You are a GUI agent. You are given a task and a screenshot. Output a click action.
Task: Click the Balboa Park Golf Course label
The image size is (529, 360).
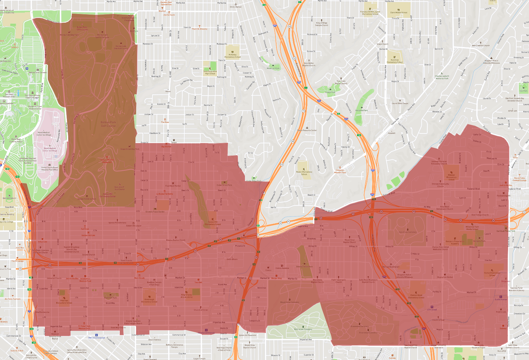point(108,124)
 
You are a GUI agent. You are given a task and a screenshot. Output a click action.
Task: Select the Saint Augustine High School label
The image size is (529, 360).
point(210,72)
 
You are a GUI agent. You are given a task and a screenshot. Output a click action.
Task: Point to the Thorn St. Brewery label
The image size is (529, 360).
point(199,29)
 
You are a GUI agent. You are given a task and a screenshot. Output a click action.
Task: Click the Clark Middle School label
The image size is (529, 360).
point(399,12)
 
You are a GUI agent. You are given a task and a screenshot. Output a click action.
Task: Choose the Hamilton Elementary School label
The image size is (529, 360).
point(395,61)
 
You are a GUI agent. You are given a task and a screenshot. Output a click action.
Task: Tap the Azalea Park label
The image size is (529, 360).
point(330,92)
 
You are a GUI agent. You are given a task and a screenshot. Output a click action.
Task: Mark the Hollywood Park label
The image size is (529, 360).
point(361,110)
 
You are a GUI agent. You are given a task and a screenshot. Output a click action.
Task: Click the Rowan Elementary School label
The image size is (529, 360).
point(304,173)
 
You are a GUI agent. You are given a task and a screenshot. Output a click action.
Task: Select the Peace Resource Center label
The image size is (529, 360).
point(307,130)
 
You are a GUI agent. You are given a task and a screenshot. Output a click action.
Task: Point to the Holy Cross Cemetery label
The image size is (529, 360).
point(408,232)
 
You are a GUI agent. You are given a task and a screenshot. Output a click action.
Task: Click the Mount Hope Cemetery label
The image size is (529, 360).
point(290,302)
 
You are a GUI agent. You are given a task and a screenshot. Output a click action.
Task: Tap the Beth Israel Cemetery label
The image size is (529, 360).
point(303,329)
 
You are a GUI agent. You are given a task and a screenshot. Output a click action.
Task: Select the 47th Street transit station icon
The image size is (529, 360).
point(432,307)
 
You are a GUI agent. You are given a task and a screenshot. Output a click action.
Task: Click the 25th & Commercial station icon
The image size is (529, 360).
point(96,335)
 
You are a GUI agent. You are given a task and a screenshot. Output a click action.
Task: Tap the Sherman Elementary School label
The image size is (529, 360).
point(64,301)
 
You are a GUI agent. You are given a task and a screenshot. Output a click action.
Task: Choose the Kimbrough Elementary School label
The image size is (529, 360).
point(149,301)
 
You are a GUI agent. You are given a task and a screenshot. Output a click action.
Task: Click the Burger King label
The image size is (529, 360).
point(276,278)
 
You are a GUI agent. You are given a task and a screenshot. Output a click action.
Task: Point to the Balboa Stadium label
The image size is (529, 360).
point(9,198)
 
